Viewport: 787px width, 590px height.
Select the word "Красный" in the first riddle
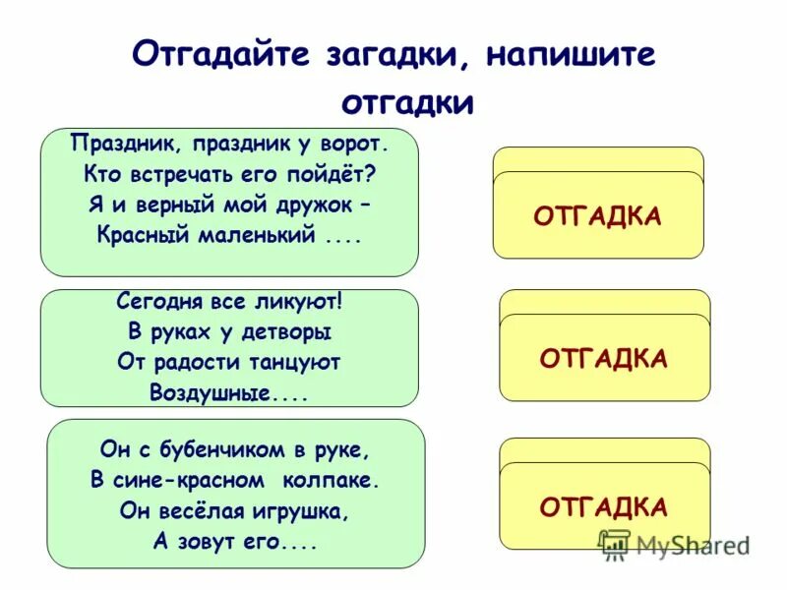coord(139,235)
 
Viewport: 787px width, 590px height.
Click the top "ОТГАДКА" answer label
coord(598,215)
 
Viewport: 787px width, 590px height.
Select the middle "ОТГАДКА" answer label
coord(604,358)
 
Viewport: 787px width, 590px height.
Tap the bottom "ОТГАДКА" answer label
coord(604,506)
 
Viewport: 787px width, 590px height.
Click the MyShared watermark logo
coord(675,543)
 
